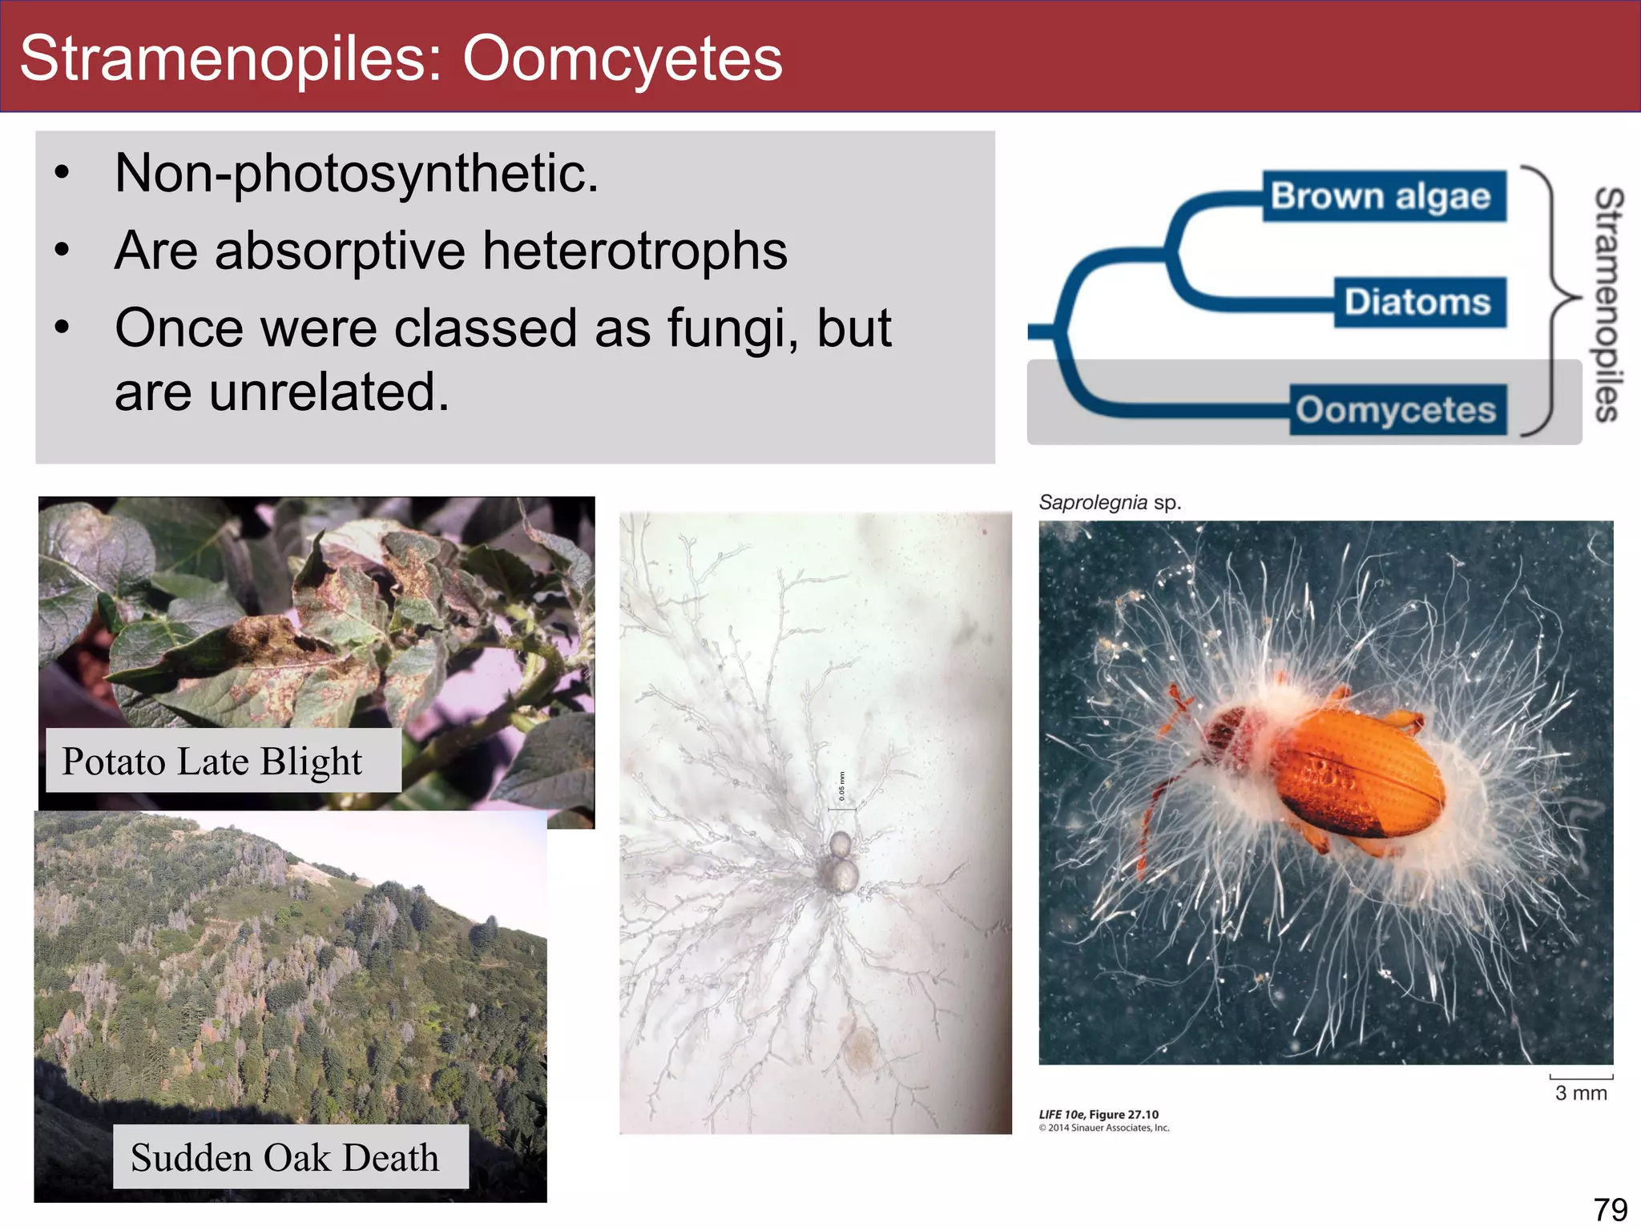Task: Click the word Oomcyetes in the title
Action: coord(622,58)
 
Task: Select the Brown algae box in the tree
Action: coord(1383,196)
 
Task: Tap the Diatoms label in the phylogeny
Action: coord(1419,303)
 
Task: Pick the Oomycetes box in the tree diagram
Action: coord(1397,410)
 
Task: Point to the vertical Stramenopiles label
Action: coord(1609,304)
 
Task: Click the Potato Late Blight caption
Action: coord(213,761)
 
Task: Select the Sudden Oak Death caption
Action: coord(285,1157)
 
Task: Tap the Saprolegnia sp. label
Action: coord(1110,503)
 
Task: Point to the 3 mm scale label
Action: coord(1581,1093)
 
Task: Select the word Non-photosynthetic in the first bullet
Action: coord(356,173)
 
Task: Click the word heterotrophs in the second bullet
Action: coord(635,251)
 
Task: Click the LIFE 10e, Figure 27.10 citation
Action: coord(1099,1115)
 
